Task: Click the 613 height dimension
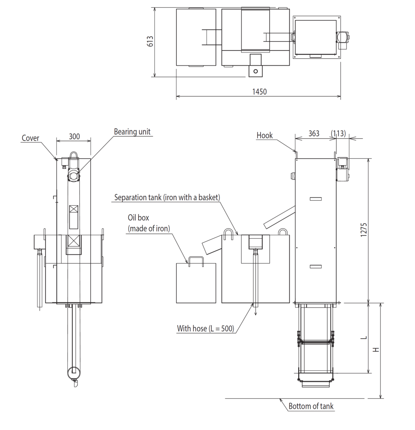(x=150, y=41)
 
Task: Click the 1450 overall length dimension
(x=259, y=91)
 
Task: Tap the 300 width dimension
(x=74, y=136)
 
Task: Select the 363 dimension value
(x=314, y=133)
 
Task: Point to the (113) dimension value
(x=338, y=133)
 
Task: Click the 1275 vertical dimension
(x=363, y=229)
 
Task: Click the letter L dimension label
(x=363, y=337)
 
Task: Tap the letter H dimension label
(x=376, y=349)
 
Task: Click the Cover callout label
(x=30, y=138)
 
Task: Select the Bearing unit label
(x=132, y=132)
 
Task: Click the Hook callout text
(x=264, y=135)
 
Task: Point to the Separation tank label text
(x=167, y=197)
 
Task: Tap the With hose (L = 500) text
(x=205, y=328)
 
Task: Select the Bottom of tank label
(x=311, y=406)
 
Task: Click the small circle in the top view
(x=256, y=71)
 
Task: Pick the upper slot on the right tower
(x=315, y=199)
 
